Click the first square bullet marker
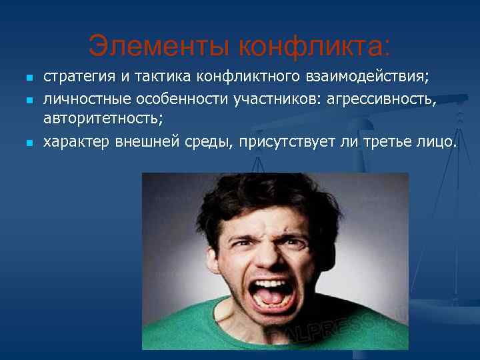pos(28,78)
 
